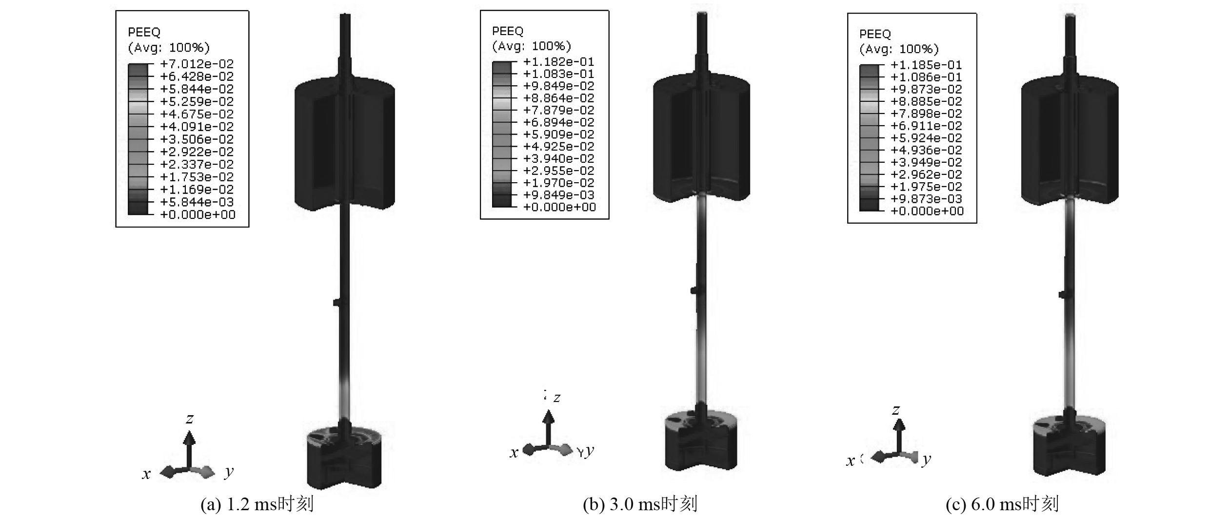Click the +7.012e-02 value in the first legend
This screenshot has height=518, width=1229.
[197, 64]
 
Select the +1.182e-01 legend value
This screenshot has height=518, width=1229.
[558, 62]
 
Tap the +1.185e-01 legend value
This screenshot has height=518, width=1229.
[926, 65]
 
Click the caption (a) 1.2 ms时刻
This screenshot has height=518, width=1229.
[257, 504]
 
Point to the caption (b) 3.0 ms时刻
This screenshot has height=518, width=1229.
[640, 504]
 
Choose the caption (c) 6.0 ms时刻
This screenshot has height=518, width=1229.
[1002, 504]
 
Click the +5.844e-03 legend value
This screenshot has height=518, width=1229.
[197, 202]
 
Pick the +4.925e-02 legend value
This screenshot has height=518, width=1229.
[558, 147]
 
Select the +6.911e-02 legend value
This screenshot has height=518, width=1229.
[926, 126]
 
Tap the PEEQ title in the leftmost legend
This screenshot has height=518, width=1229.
[144, 32]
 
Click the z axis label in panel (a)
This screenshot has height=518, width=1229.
[190, 418]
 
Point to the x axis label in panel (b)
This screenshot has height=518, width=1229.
[514, 453]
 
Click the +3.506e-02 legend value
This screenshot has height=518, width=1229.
[197, 139]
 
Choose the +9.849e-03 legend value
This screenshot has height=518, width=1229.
[558, 195]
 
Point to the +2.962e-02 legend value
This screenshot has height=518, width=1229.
[926, 174]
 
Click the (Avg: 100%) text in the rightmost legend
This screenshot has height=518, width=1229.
[898, 49]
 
